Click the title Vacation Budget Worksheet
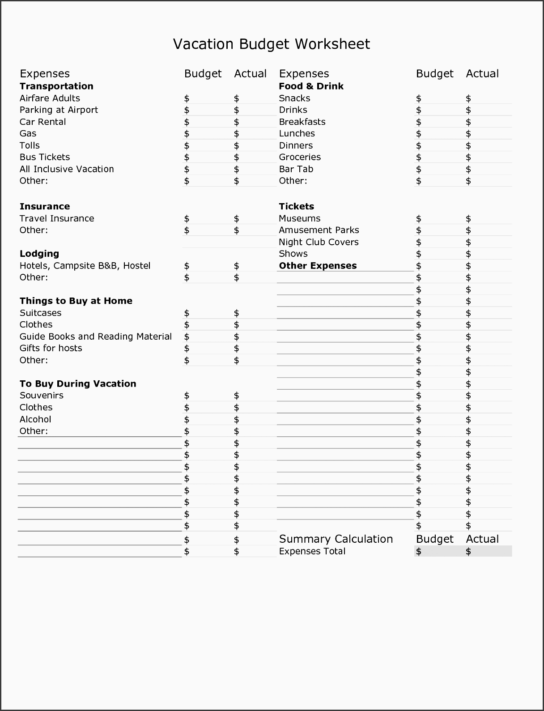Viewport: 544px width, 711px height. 272,44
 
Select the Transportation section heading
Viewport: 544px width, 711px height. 56,86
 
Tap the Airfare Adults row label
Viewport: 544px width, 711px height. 50,98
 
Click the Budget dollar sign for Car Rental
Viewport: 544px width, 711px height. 187,122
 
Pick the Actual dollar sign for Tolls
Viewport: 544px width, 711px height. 236,146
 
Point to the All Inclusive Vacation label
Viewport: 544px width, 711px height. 67,169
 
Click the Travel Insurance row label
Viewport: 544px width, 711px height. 57,218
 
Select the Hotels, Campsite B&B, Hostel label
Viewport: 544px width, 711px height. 85,266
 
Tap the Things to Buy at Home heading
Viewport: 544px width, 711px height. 76,301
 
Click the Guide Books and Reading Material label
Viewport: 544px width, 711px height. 96,336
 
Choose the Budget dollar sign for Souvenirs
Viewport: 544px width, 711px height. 187,396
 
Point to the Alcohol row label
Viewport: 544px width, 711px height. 35,419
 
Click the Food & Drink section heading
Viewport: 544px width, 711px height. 311,86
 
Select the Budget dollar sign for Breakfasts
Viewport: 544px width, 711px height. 418,122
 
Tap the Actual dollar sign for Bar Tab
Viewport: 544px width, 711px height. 468,169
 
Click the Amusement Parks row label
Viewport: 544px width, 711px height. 319,230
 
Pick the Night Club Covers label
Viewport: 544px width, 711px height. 319,242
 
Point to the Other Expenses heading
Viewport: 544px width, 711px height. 318,266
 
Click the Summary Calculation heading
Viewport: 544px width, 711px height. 336,539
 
